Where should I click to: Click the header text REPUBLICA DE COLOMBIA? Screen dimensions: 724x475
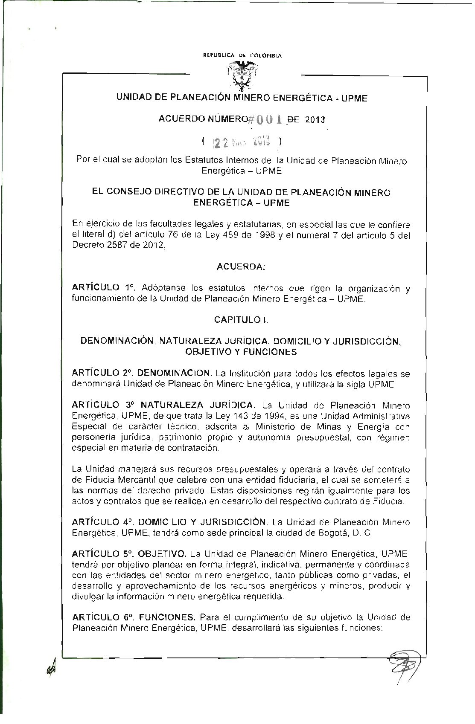pyautogui.click(x=242, y=55)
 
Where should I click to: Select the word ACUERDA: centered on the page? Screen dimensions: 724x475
pyautogui.click(x=241, y=267)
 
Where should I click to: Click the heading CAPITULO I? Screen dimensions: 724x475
pyautogui.click(x=241, y=319)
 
